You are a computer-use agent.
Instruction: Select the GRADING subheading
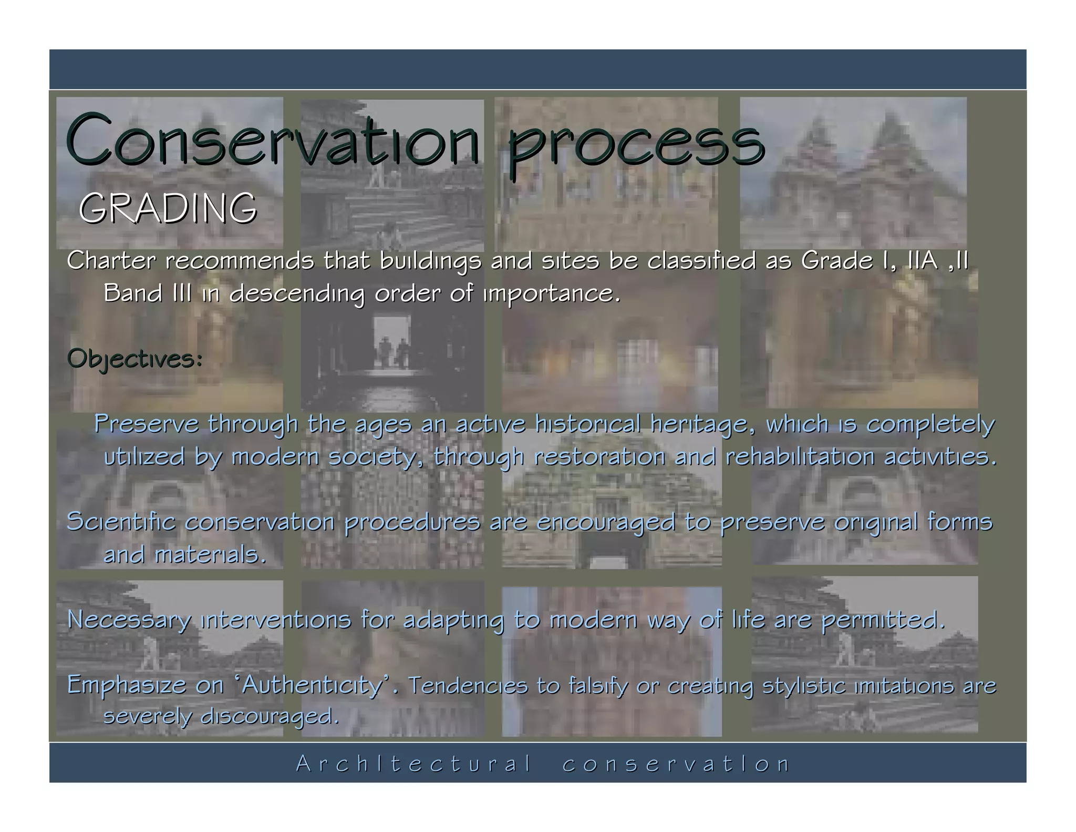point(168,208)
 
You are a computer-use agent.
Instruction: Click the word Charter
point(111,260)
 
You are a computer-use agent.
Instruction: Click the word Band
point(133,293)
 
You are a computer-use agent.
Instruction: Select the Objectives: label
point(135,360)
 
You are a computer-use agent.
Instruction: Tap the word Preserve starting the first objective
point(147,424)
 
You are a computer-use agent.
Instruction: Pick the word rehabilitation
point(800,456)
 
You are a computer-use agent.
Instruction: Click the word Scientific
point(121,522)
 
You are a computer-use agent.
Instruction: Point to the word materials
point(210,554)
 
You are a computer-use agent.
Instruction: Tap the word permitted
point(883,621)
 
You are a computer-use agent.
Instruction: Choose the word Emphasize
point(126,686)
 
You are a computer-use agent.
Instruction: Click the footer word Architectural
point(414,764)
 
